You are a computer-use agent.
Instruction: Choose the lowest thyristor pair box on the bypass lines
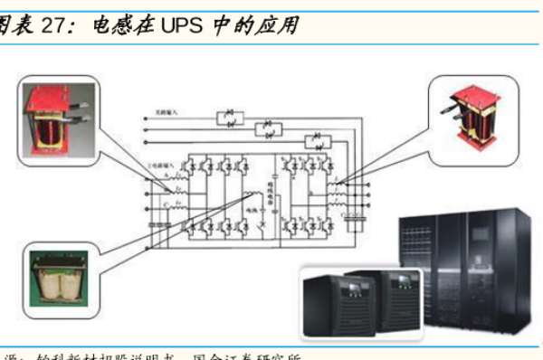pyautogui.click(x=314, y=142)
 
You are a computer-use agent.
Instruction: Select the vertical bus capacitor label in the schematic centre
pyautogui.click(x=269, y=194)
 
